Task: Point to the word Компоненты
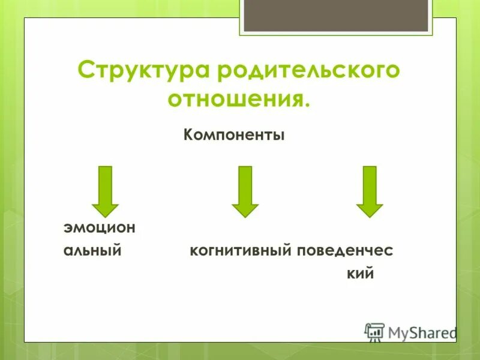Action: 234,136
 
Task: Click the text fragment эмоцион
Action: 100,228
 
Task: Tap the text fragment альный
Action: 93,251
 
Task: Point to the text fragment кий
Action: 360,274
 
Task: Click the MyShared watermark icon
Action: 374,332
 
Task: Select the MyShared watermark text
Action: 422,332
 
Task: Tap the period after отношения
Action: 308,105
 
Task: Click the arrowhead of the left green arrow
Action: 106,208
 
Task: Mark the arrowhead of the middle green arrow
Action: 245,208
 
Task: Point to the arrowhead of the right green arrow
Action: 370,208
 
